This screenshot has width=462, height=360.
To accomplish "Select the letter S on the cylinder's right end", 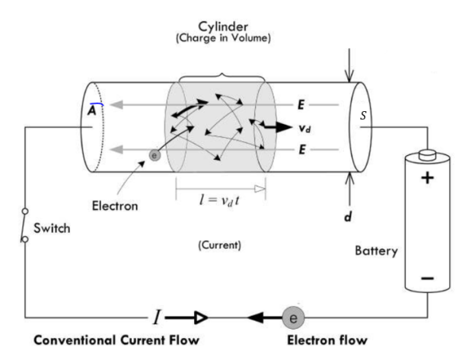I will pos(365,117).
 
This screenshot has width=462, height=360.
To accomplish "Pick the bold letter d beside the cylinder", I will pos(349,217).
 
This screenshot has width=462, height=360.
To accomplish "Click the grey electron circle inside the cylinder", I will pos(155,155).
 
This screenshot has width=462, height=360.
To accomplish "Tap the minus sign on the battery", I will pos(427,278).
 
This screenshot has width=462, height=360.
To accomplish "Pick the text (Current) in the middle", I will pos(219,245).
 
